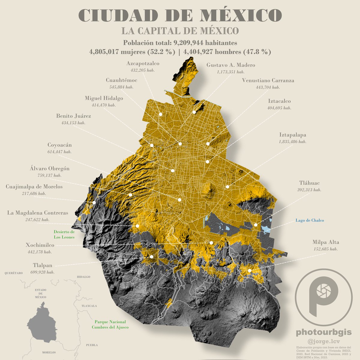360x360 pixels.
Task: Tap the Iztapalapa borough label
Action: [292, 135]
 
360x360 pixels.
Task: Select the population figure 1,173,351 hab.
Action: [230, 72]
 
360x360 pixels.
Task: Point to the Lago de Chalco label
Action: [309, 220]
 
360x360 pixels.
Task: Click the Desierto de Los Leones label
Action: [64, 234]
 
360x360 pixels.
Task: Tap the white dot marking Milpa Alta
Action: [250, 271]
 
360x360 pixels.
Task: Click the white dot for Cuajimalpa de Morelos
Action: [94, 202]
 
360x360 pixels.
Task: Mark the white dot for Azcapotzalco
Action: [160, 114]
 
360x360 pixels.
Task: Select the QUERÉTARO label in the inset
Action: [14, 273]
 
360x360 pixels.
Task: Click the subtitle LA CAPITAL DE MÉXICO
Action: [180, 31]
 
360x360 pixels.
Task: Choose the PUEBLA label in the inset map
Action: [92, 345]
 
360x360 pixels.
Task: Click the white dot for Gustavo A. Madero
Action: [194, 112]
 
